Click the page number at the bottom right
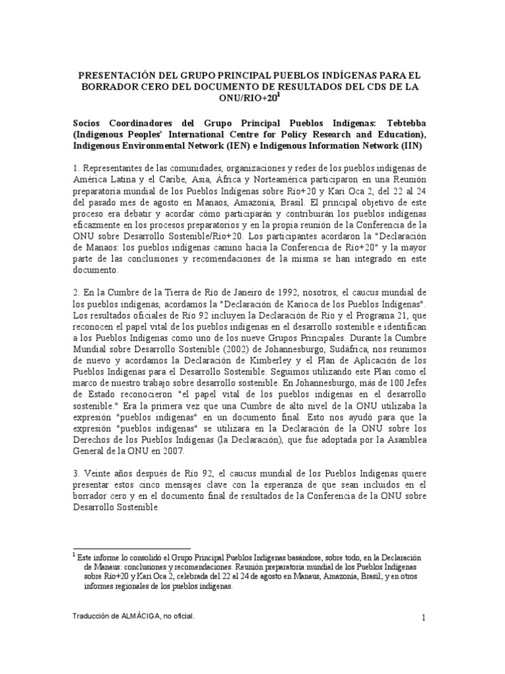[425, 617]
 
